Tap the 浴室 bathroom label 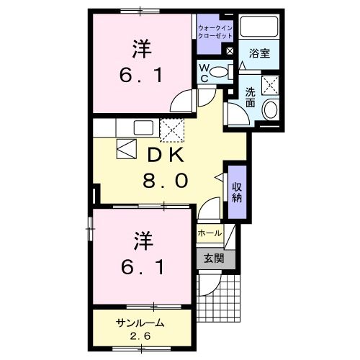pyautogui.click(x=261, y=53)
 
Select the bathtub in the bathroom pyautogui.click(x=260, y=27)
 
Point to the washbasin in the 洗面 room pyautogui.click(x=271, y=109)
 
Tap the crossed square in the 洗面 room pyautogui.click(x=271, y=84)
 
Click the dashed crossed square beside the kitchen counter pyautogui.click(x=173, y=129)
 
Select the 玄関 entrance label pyautogui.click(x=212, y=258)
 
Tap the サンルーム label pyautogui.click(x=140, y=323)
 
